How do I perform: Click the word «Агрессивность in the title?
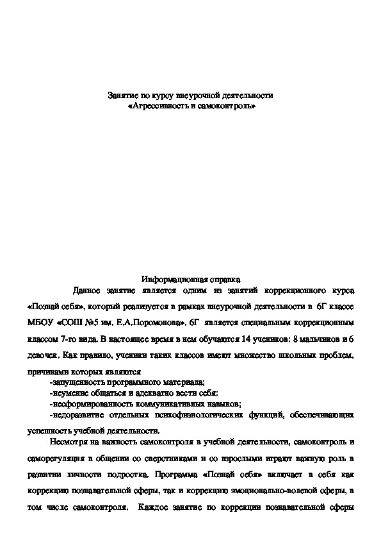pyautogui.click(x=158, y=105)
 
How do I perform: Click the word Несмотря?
pyautogui.click(x=67, y=442)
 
